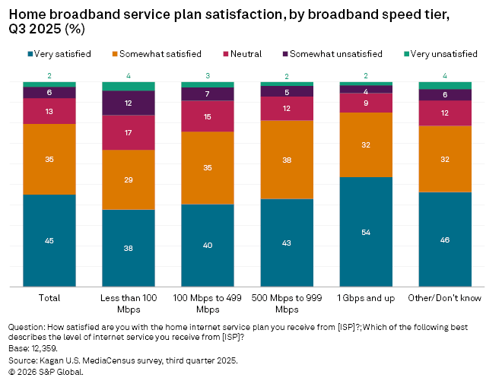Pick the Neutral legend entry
243,54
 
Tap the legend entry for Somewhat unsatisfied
331,54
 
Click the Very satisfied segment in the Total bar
49,240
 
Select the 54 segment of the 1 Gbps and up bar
366,232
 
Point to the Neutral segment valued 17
129,132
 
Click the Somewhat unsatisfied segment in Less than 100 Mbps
129,103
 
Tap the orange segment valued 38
287,160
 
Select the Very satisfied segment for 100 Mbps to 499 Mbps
208,245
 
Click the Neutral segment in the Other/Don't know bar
445,113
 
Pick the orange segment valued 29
129,179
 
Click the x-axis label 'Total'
49,297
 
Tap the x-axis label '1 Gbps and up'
366,297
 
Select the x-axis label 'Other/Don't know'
445,297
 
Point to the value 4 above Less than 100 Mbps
129,75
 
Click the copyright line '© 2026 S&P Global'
46,372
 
